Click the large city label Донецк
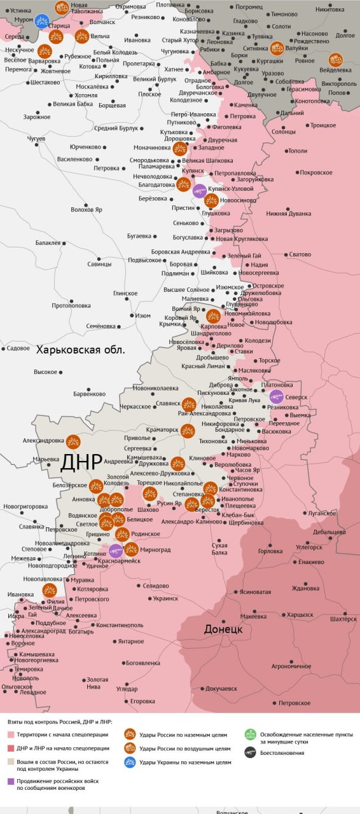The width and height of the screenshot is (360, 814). tap(223, 629)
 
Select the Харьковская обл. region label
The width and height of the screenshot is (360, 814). tap(80, 349)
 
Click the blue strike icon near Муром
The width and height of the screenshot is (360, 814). tap(42, 21)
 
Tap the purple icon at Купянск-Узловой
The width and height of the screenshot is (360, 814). tap(199, 190)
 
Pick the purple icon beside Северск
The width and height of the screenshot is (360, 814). tap(276, 397)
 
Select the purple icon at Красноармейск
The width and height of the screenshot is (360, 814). tap(115, 551)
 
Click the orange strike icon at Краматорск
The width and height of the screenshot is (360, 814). tap(187, 431)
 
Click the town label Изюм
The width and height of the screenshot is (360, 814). tap(142, 315)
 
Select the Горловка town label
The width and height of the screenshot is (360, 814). tap(270, 551)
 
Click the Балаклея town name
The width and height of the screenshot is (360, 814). tap(48, 242)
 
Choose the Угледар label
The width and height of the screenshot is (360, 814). tap(127, 688)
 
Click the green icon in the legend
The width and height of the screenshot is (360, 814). tap(251, 735)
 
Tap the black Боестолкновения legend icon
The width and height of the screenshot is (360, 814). tap(251, 752)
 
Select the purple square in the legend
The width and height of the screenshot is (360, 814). tap(11, 782)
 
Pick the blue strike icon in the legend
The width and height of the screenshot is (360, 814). tap(130, 762)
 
